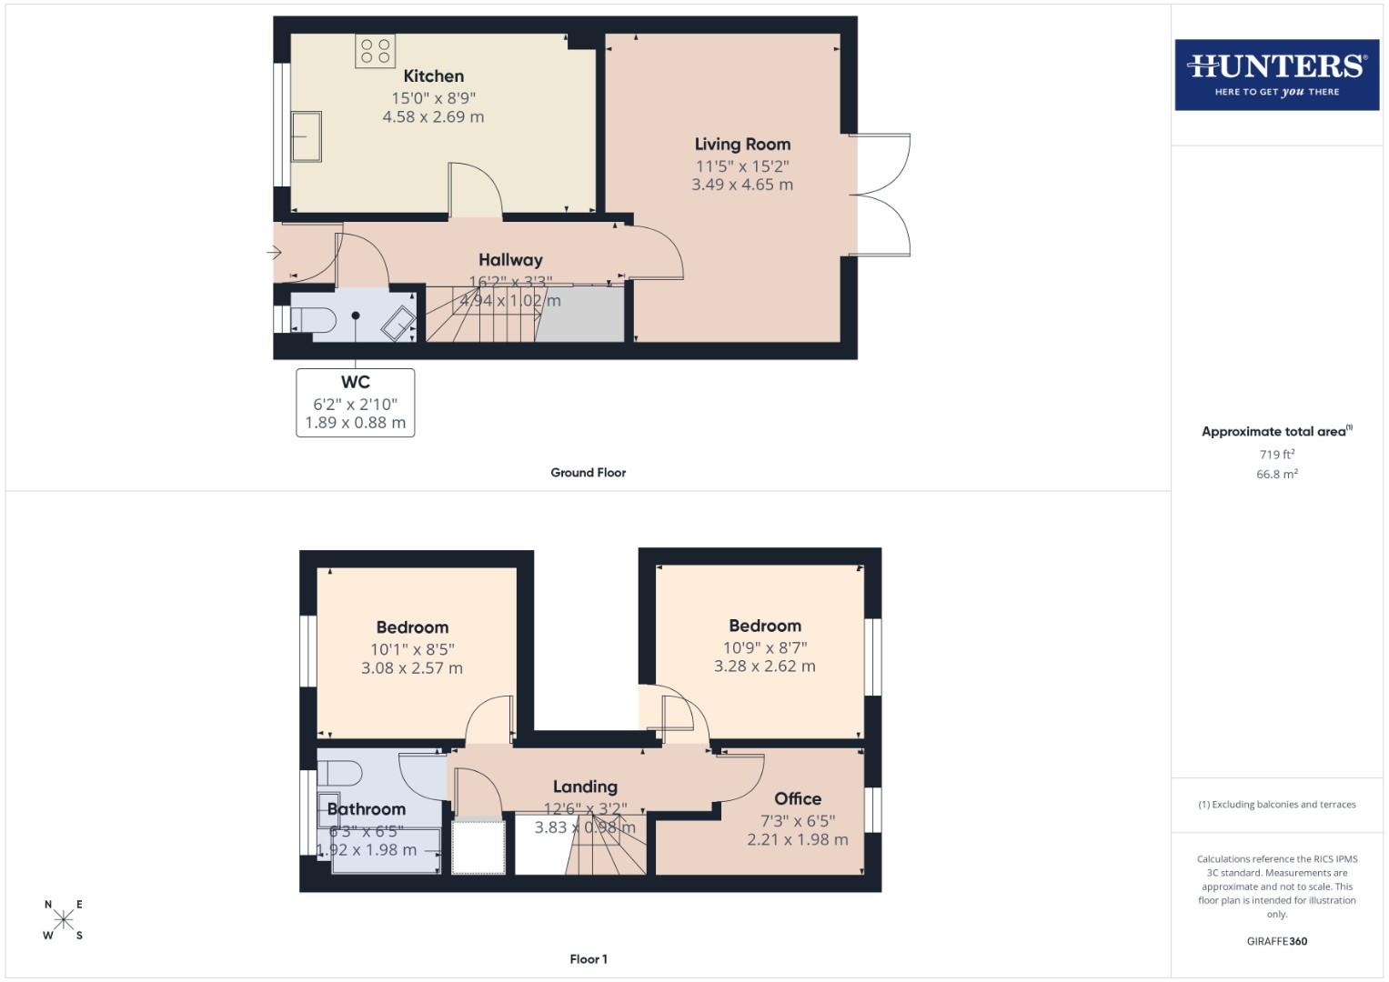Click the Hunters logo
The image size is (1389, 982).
[1276, 75]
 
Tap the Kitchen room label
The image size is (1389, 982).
[433, 76]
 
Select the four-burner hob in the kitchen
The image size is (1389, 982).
[375, 51]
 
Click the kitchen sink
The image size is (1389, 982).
[307, 136]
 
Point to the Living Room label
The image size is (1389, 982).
[742, 144]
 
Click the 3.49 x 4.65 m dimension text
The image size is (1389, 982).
[742, 185]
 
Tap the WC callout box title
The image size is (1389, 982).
[355, 382]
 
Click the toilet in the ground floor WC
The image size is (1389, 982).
[312, 320]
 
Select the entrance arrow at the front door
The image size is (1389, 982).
[274, 253]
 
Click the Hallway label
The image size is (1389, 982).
[510, 260]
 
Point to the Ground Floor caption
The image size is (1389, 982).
[588, 473]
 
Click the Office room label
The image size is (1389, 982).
[798, 798]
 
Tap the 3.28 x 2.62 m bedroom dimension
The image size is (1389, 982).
[764, 666]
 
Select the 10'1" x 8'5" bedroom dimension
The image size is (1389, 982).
[412, 649]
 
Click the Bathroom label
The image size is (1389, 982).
[366, 809]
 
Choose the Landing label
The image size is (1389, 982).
[585, 787]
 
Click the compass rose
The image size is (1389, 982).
[64, 919]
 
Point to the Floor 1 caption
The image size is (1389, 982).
[588, 959]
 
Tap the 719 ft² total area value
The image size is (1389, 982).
[1276, 455]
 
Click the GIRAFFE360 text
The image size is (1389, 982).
[1276, 942]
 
